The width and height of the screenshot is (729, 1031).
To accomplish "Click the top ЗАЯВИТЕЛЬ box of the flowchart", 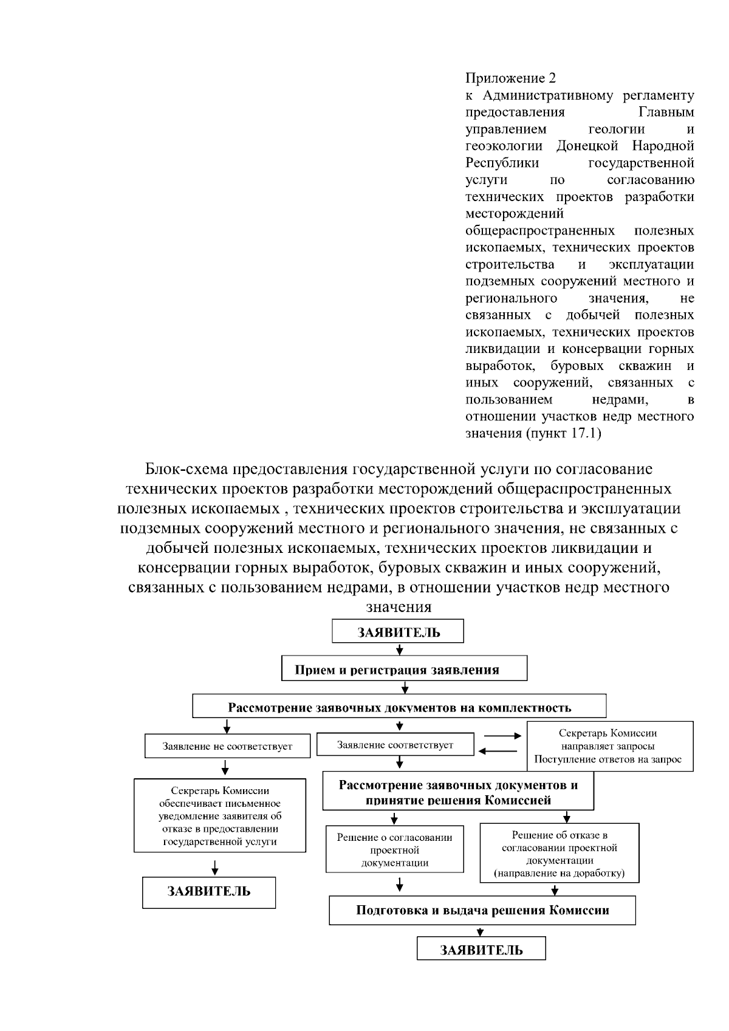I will (x=397, y=631).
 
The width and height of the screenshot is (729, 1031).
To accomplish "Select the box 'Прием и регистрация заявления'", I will (x=404, y=669).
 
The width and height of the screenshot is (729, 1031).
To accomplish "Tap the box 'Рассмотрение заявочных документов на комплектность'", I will (x=399, y=707).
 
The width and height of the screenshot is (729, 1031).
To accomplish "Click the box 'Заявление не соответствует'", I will (x=227, y=746).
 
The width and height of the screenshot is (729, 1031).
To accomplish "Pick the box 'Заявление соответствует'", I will (x=395, y=745).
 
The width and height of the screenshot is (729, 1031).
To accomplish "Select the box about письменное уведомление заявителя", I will (x=220, y=816).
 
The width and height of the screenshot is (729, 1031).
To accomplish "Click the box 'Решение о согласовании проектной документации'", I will (x=395, y=849).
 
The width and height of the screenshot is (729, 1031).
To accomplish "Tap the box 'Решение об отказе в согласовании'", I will (x=560, y=854).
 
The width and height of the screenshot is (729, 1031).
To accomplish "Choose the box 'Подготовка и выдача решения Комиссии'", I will (x=482, y=910).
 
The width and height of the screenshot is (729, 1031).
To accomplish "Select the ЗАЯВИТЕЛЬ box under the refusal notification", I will (x=209, y=891).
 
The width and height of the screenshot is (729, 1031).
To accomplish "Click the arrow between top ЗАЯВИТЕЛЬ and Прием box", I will (x=400, y=649).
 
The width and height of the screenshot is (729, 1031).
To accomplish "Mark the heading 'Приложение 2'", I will (x=510, y=78).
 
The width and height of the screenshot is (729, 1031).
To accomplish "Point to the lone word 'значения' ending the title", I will (x=399, y=607).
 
